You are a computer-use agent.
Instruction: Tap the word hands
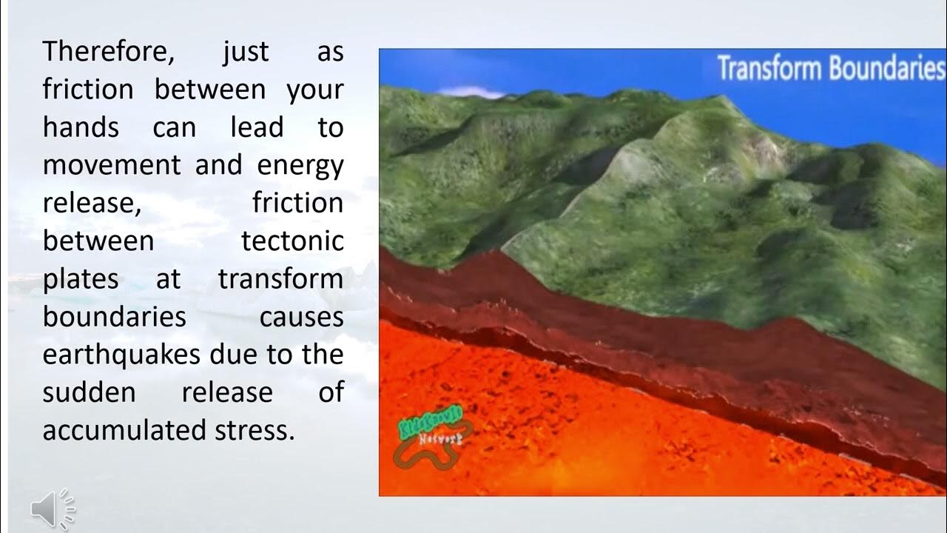coord(81,127)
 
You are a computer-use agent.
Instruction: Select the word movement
coord(111,165)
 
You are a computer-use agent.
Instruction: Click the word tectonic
coord(292,241)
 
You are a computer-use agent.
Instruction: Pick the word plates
coord(81,279)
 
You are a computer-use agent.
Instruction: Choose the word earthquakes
coord(121,355)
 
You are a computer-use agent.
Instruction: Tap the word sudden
coord(89,392)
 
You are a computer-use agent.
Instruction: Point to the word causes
coord(301,317)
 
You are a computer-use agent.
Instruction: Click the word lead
coord(257,127)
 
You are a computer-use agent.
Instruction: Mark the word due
coord(235,355)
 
